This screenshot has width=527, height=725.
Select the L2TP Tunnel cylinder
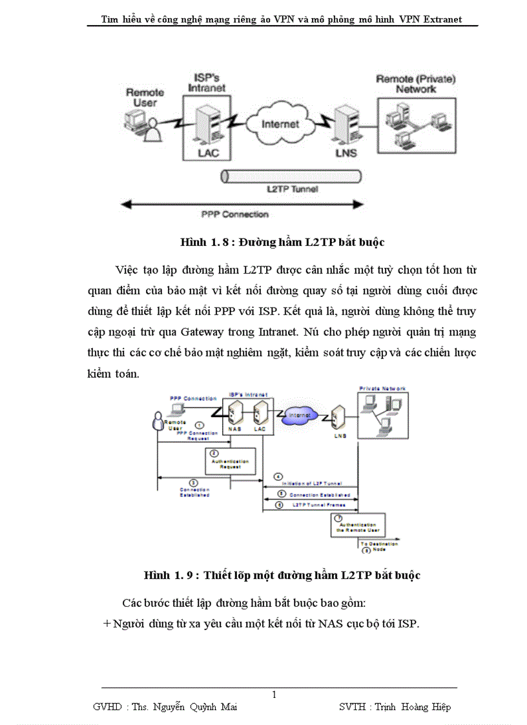pyautogui.click(x=291, y=176)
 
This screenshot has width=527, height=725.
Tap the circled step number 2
pyautogui.click(x=214, y=454)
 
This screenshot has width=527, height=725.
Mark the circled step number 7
pyautogui.click(x=338, y=518)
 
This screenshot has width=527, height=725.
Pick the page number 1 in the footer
pyautogui.click(x=274, y=695)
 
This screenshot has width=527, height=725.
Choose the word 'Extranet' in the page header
pyautogui.click(x=442, y=19)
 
